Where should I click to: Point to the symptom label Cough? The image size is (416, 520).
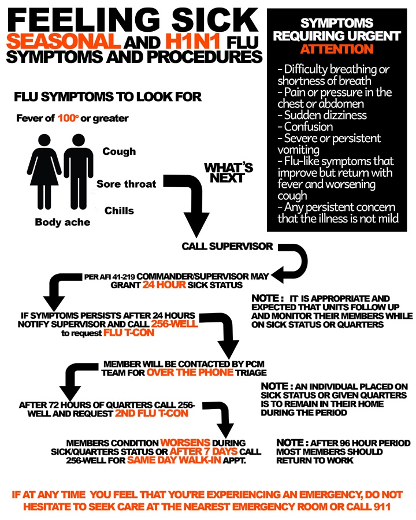click(119, 151)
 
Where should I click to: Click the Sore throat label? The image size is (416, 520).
click(126, 184)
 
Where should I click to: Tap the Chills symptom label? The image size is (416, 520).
click(119, 211)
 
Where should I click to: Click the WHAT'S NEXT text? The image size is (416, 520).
click(229, 173)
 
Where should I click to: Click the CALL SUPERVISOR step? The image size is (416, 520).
click(227, 247)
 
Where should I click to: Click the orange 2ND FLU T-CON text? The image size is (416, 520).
click(151, 414)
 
